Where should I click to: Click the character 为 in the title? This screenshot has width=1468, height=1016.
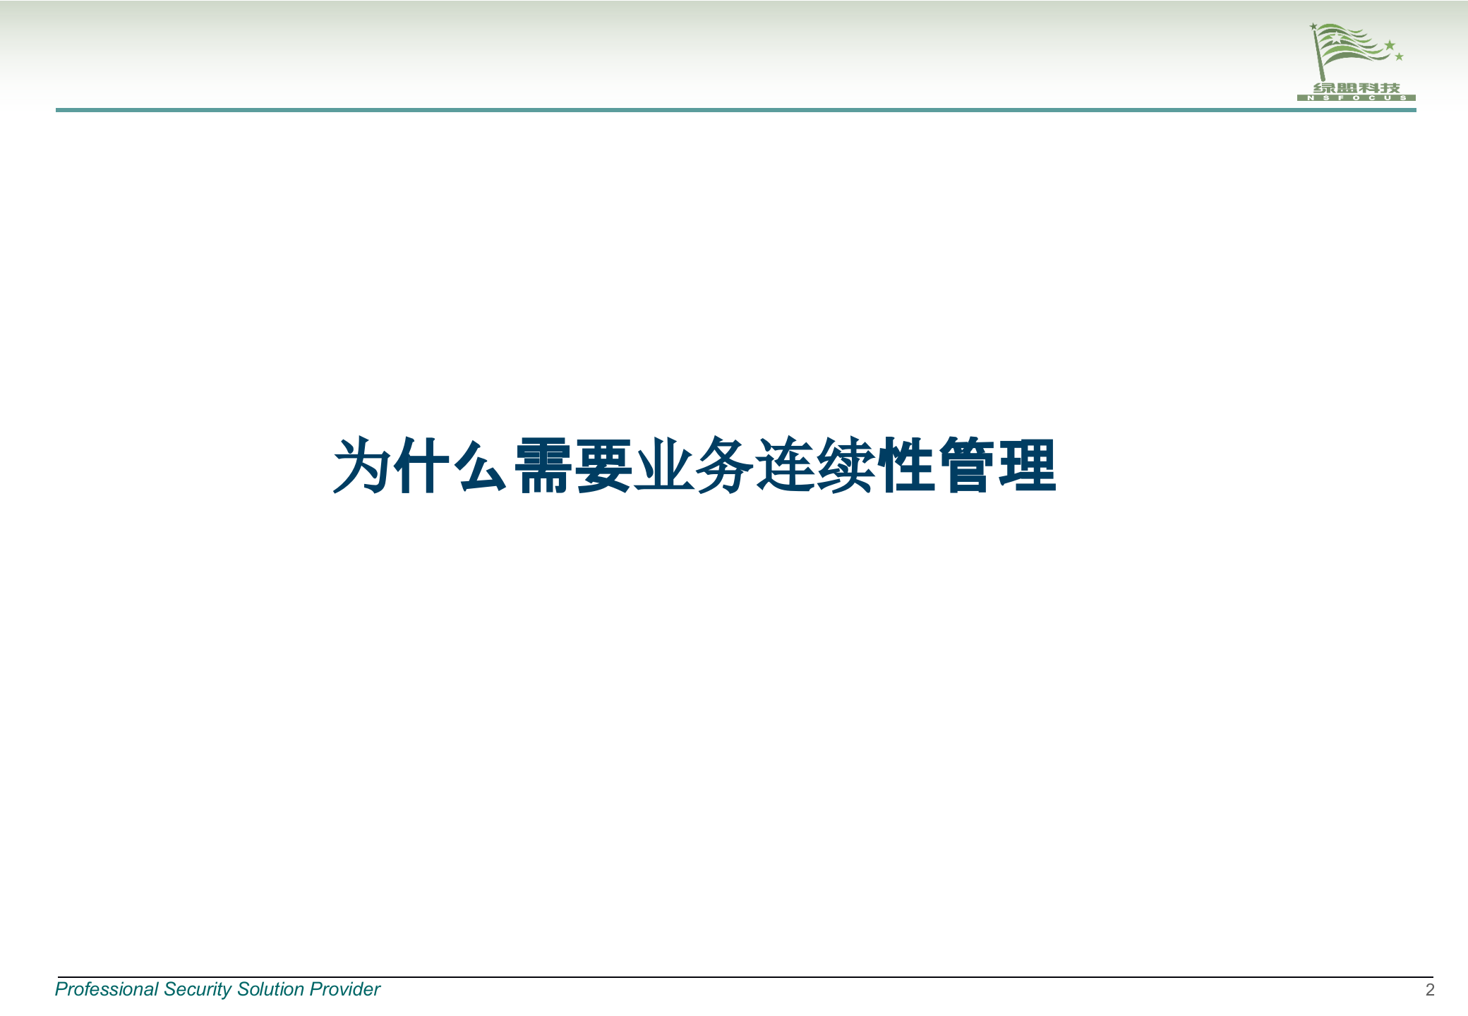click(362, 466)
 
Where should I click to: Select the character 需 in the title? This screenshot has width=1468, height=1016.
click(543, 466)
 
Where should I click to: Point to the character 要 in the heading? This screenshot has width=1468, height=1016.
click(603, 466)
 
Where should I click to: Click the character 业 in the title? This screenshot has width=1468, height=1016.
click(663, 466)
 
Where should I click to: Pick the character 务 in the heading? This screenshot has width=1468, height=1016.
click(724, 466)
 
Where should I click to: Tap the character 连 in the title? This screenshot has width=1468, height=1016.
click(785, 466)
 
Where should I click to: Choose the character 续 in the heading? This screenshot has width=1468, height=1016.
click(846, 466)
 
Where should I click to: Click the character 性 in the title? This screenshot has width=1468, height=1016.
click(906, 466)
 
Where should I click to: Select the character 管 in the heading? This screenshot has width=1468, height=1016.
click(966, 466)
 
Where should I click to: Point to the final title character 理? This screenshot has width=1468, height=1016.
click(1027, 466)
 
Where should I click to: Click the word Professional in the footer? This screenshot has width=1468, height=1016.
click(107, 989)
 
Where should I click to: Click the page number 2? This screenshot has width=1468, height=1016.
click(1430, 990)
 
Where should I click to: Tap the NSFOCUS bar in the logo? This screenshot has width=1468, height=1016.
click(1356, 98)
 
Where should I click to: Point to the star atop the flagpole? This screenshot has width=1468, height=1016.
click(1313, 27)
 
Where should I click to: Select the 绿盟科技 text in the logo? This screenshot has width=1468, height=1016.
click(1356, 88)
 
